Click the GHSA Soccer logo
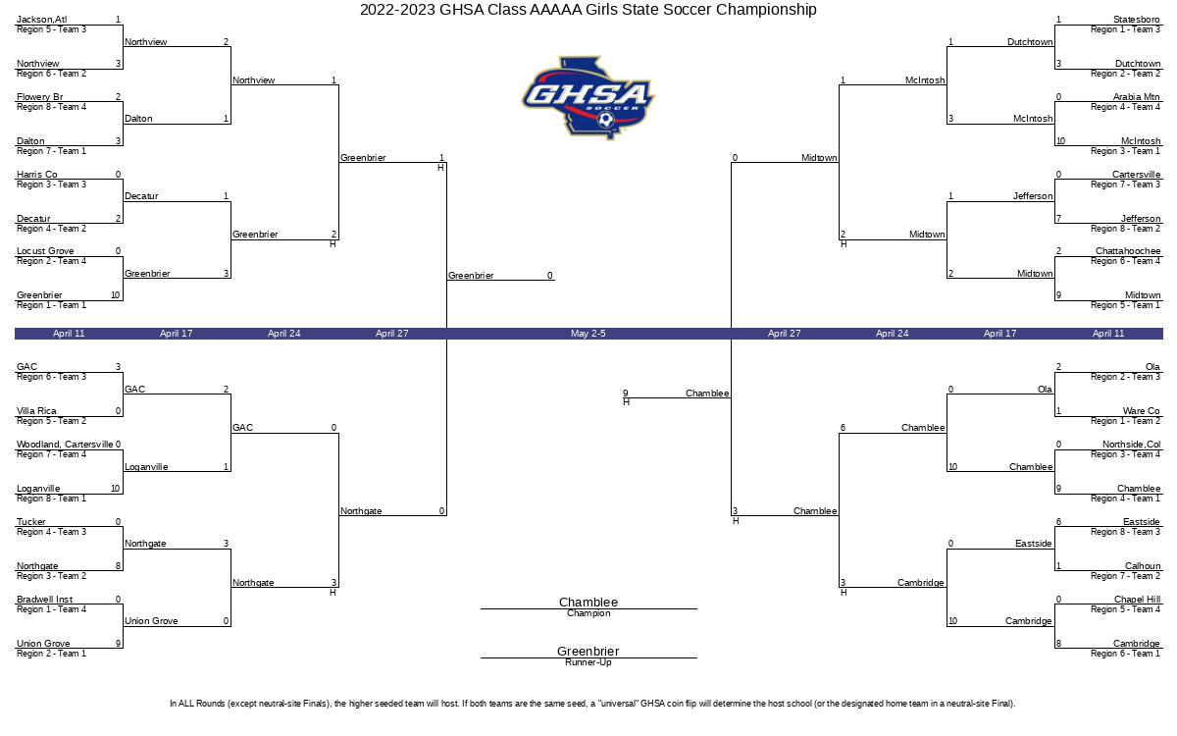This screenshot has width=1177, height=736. pos(588,98)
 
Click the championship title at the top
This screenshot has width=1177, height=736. pos(588,10)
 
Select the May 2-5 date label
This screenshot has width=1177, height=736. pos(588,334)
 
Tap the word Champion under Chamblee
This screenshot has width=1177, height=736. pos(588,613)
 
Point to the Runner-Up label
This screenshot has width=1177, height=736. pos(588,662)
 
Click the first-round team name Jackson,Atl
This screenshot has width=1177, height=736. pos(42,20)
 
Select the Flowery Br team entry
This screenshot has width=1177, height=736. pos(40,97)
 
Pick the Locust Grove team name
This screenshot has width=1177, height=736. pos(45,251)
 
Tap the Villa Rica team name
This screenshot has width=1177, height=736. pos(36,411)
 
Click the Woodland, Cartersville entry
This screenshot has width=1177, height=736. pos(65,445)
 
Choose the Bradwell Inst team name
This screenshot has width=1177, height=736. pos(45,600)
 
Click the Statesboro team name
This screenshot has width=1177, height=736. pos(1136,20)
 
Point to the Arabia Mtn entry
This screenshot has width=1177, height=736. pos(1136,97)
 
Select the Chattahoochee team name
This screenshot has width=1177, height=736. pos(1128,251)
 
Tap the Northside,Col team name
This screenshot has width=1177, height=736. pos(1131,445)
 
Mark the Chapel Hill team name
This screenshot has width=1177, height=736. pos(1137,600)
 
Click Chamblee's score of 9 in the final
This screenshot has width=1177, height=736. pos(626,394)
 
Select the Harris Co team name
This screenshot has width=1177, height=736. pos(37,175)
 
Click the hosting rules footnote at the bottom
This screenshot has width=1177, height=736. pos(592,704)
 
